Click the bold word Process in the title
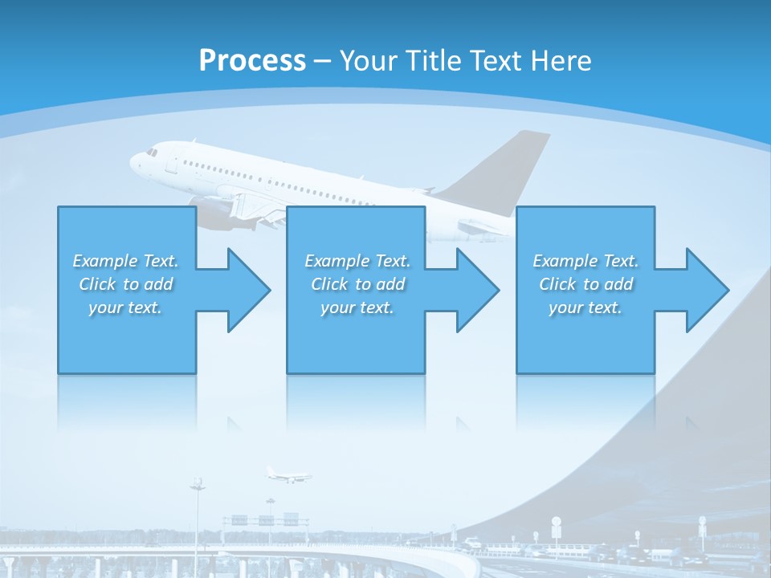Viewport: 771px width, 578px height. pyautogui.click(x=252, y=60)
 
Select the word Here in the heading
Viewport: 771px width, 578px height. pyautogui.click(x=561, y=60)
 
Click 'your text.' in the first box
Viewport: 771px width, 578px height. pyautogui.click(x=125, y=307)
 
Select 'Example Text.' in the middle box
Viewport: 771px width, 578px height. pyautogui.click(x=357, y=261)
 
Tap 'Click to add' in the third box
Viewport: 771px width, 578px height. pyautogui.click(x=585, y=284)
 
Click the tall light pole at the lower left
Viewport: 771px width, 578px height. pyautogui.click(x=197, y=514)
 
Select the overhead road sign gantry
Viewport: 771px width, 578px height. pyautogui.click(x=265, y=519)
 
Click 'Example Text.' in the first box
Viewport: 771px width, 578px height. pyautogui.click(x=125, y=261)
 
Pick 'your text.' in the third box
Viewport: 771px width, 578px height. pyautogui.click(x=585, y=307)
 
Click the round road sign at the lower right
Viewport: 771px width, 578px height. pyautogui.click(x=556, y=522)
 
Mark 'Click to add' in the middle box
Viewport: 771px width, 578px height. pyautogui.click(x=357, y=284)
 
